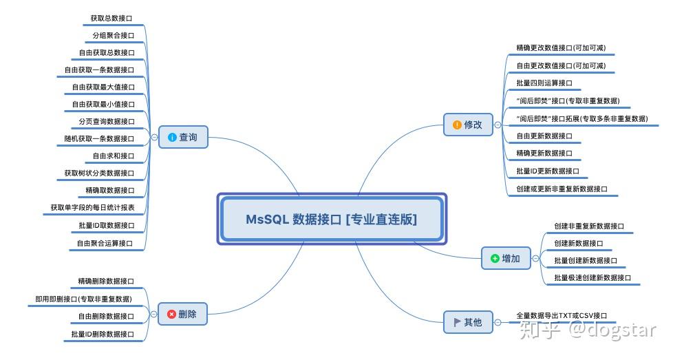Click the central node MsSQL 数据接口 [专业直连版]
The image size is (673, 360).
click(x=331, y=219)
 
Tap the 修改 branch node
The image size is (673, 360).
click(x=468, y=125)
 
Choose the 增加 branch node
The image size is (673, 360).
click(x=506, y=258)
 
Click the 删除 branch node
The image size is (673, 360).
click(x=182, y=314)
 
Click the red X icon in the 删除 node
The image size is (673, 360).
click(x=171, y=315)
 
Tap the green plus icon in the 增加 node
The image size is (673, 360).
click(x=494, y=259)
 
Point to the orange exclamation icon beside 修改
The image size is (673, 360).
click(x=457, y=125)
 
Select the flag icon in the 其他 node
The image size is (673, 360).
click(x=457, y=322)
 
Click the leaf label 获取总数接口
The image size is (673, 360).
click(x=112, y=17)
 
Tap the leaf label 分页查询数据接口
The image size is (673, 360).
click(x=107, y=121)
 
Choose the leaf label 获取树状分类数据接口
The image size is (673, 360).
click(x=100, y=173)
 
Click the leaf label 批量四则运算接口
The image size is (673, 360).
click(x=544, y=83)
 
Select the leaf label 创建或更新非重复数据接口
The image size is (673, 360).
click(x=562, y=188)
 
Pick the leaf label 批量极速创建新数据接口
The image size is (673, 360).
click(x=592, y=277)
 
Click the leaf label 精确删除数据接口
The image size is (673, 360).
click(x=106, y=281)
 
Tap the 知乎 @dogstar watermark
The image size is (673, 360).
click(x=588, y=330)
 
